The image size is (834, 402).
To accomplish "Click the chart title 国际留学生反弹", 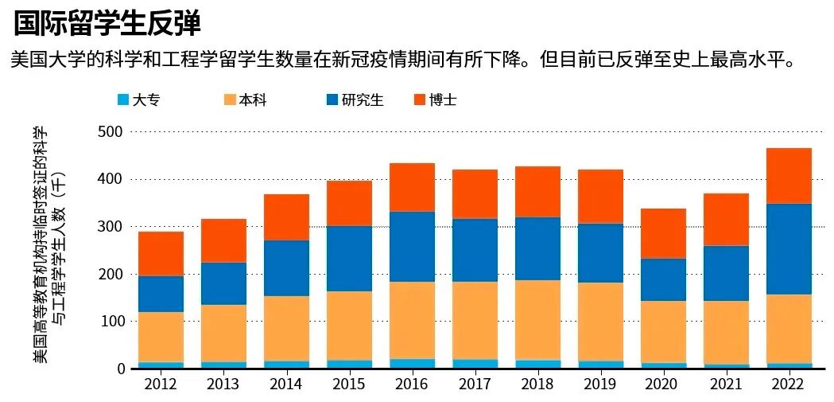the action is coord(107,24).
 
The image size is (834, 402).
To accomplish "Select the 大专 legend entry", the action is coord(139,100).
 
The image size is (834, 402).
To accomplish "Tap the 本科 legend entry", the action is coord(245,100).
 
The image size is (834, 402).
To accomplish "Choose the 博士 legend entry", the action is coord(435,100).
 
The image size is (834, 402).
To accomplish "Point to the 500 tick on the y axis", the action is coord(111,131).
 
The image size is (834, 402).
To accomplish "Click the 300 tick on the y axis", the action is coord(111,227).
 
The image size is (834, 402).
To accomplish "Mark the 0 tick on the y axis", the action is coord(119,369).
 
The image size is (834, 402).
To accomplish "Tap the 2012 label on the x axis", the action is coord(160,384).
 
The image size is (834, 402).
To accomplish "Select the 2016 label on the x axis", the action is coord(411,384).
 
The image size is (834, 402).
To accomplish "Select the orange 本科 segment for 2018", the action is coord(537,321).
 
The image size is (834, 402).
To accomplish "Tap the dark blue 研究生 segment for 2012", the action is coord(160,295).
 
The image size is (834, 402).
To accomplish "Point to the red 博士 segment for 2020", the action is coord(663,234).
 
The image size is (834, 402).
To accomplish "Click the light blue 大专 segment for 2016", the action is coord(411,364).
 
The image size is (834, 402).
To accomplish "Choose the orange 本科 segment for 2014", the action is coord(285,329).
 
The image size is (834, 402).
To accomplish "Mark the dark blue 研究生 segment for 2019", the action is coord(599,253).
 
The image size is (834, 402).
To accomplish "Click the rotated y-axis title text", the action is coord(48,245).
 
